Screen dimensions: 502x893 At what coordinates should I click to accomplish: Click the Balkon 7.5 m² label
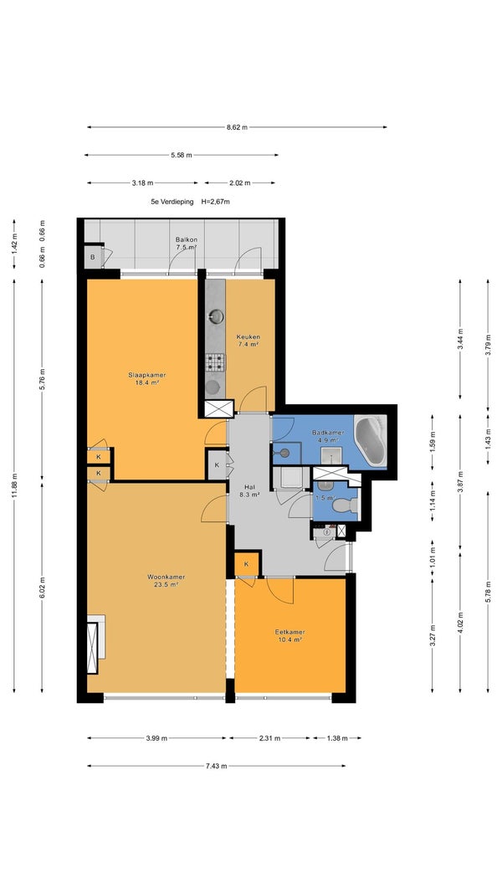pos(186,244)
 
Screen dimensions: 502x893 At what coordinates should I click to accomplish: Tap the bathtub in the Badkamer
pos(371,441)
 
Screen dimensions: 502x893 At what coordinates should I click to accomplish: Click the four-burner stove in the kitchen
pos(215,362)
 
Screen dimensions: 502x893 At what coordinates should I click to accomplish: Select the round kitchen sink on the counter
pos(217,316)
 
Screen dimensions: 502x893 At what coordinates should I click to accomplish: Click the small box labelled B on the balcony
pos(94,258)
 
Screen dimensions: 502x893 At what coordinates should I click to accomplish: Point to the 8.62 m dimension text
pos(237,127)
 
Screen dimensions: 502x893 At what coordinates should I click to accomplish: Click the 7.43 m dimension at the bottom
pos(217,766)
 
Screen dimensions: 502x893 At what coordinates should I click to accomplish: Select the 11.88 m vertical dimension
pos(14,485)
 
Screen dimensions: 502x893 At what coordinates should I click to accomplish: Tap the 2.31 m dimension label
pos(269,738)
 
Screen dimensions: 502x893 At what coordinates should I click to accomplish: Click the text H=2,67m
pos(216,202)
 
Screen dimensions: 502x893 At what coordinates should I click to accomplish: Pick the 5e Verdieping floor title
pos(172,202)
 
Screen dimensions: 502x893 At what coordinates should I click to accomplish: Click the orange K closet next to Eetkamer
pos(247,564)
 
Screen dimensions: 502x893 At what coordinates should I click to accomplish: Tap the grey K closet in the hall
pos(217,464)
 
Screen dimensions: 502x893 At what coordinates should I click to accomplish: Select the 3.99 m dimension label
pos(156,738)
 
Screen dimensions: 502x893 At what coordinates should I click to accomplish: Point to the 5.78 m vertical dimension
pos(488,593)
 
